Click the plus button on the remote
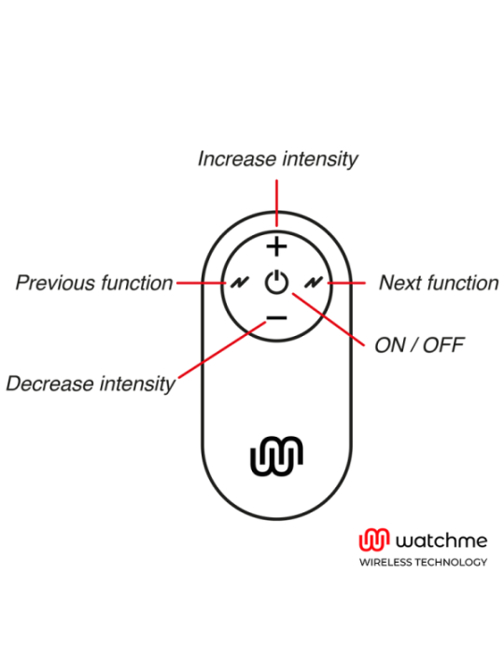277,246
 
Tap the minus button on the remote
277,317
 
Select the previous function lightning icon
240,283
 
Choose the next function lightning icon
314,283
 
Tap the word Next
400,283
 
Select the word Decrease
50,384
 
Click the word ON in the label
389,345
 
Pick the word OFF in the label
443,345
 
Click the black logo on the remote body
277,456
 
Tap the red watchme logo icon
374,539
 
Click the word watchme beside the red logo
441,540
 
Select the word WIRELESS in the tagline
386,562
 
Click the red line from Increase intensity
277,203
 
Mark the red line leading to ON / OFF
329,320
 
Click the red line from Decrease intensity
222,350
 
